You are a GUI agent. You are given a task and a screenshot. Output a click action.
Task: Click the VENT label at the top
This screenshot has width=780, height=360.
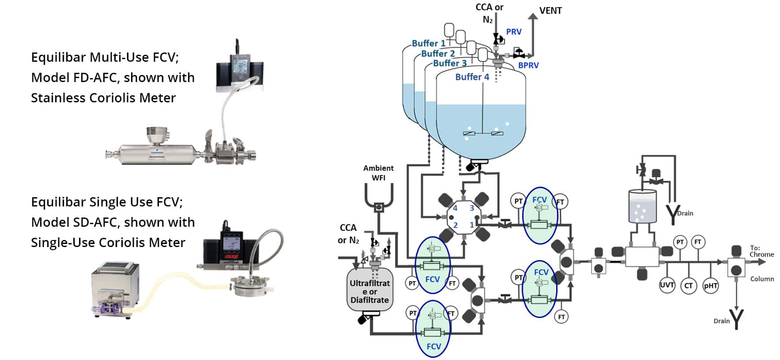point(550,11)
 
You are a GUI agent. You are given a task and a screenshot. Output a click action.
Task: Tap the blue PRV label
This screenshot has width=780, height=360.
point(514,32)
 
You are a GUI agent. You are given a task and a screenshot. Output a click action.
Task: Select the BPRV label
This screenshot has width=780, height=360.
point(528,65)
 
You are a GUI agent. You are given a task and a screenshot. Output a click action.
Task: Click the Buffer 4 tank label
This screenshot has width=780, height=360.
point(472,77)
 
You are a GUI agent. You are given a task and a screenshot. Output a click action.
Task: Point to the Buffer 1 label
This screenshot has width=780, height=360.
point(428,43)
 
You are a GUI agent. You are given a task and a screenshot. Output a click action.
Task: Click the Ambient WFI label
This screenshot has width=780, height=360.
point(378,172)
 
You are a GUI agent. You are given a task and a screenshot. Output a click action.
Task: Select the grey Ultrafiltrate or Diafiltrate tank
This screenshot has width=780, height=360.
point(369,291)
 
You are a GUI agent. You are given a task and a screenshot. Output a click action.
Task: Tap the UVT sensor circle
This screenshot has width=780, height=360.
point(667,285)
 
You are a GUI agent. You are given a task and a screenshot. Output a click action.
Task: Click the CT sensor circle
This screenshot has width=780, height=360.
point(688,285)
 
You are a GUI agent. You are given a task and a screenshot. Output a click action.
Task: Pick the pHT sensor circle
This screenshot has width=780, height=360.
point(710,285)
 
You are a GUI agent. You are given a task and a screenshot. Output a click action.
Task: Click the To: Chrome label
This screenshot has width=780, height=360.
point(761,251)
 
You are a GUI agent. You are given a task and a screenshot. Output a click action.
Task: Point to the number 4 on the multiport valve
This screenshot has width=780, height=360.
point(455,208)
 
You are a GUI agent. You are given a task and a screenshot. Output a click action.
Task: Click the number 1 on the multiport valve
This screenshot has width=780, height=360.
point(472,225)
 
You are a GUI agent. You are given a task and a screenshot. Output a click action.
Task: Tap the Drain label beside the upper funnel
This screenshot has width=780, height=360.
point(685,213)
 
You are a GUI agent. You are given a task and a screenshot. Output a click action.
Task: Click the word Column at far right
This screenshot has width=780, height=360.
point(762,279)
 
